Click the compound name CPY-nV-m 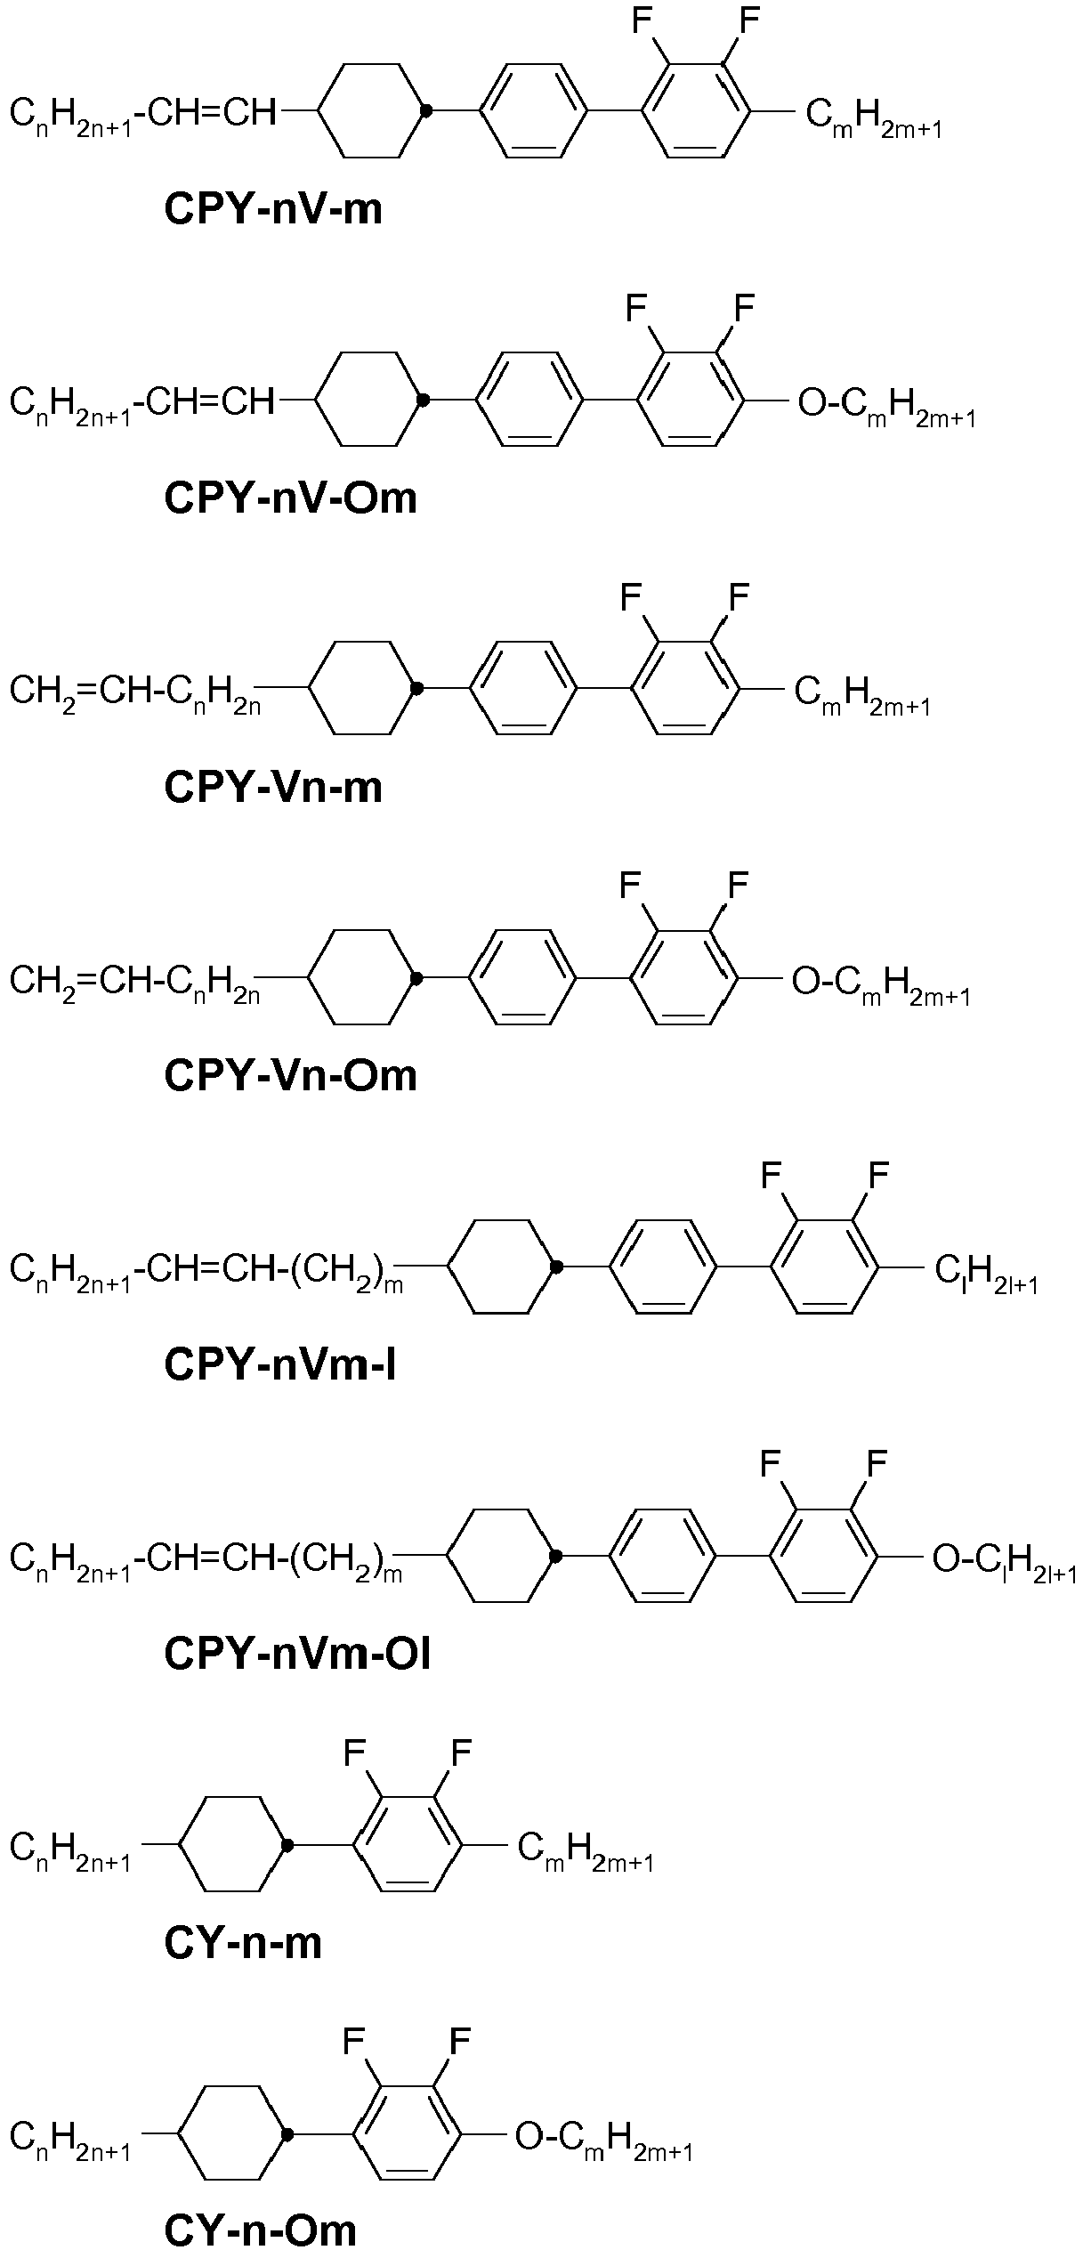(273, 209)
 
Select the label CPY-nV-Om (291, 498)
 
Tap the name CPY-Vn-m (273, 787)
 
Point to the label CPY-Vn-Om (291, 1075)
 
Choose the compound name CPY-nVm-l (279, 1364)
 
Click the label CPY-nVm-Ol (297, 1654)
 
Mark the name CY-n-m (243, 1942)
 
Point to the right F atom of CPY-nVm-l (877, 1176)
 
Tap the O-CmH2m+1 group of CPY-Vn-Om (880, 985)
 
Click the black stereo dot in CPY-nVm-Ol (556, 1556)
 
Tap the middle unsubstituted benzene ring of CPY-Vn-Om (524, 978)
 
